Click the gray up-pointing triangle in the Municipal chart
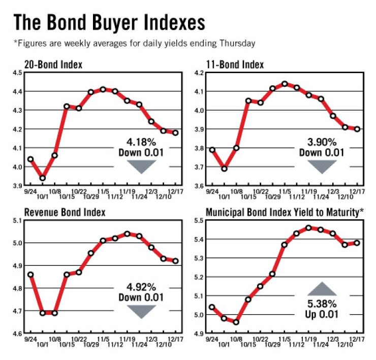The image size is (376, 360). [321, 288]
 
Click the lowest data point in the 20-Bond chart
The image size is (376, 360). [43, 178]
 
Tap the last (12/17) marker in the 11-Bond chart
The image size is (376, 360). [357, 129]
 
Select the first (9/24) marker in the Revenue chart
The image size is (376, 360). [30, 275]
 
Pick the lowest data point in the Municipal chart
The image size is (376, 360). [236, 322]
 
